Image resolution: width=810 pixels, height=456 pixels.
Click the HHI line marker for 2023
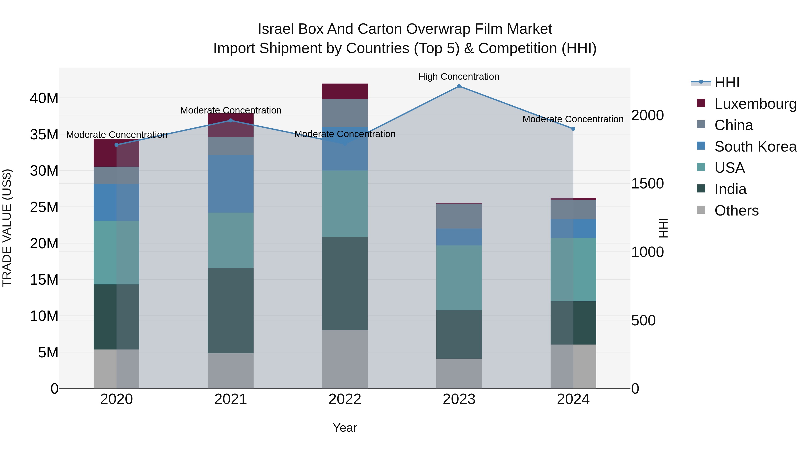tap(459, 86)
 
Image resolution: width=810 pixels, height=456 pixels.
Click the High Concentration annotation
tap(459, 77)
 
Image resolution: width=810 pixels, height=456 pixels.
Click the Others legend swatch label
tap(736, 211)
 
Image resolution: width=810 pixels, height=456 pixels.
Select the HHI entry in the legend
tap(727, 82)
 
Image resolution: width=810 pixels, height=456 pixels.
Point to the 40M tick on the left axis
tap(44, 98)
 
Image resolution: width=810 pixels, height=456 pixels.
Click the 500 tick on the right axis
tap(643, 321)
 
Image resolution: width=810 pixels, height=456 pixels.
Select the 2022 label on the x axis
tap(345, 399)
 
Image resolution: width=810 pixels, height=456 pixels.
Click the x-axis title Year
tap(345, 428)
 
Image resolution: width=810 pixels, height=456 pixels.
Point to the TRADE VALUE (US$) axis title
tap(7, 228)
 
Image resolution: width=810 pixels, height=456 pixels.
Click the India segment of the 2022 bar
tap(345, 283)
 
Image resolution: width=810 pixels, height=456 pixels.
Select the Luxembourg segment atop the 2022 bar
tap(345, 91)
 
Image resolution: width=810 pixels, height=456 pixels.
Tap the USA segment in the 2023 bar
tap(459, 278)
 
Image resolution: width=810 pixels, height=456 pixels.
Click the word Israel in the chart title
tap(275, 29)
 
